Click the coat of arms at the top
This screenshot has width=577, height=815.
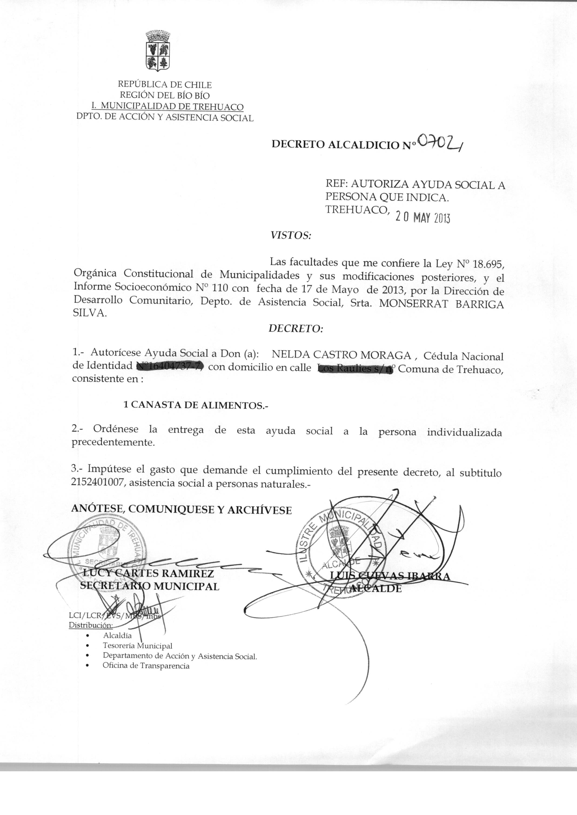pos(158,51)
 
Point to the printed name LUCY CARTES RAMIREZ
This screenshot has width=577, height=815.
pos(148,574)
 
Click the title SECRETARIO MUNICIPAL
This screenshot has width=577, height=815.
pos(150,586)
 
